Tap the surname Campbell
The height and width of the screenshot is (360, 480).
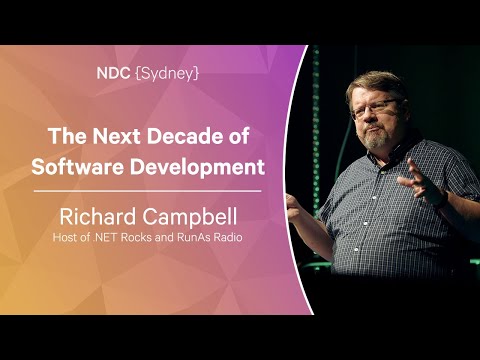click(195, 213)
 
